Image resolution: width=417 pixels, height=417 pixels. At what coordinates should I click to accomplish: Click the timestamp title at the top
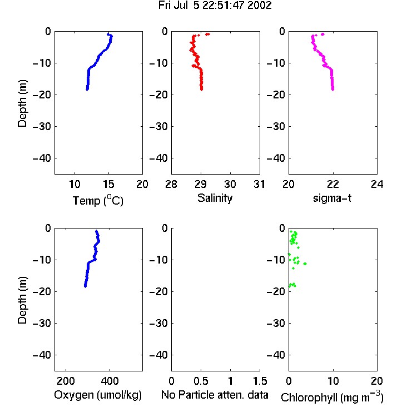[215, 6]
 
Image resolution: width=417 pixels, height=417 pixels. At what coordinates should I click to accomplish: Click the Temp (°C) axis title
[98, 200]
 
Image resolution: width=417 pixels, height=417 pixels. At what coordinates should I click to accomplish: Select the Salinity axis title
[215, 198]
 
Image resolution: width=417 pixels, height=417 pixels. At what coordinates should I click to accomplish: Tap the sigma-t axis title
[332, 198]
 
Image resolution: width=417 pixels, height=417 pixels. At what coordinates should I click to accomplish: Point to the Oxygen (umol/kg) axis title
[98, 395]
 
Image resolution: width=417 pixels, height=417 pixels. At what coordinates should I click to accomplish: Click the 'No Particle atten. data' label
[215, 395]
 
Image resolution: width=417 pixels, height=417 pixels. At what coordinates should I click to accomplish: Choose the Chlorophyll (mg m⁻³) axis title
[332, 397]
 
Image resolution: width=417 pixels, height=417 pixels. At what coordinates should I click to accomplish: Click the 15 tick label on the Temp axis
[108, 184]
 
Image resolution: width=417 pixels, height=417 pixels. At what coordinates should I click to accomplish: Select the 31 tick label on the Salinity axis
[260, 184]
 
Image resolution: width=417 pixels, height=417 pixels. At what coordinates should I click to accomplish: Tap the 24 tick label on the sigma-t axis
[377, 184]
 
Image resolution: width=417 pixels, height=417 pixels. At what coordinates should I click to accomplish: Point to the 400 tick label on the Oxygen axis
[110, 381]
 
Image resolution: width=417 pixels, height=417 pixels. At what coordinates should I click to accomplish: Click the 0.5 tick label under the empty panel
[201, 381]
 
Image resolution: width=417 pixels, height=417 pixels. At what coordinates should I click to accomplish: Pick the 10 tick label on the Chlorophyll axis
[333, 381]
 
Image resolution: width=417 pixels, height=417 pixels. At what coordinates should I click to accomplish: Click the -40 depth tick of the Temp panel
[42, 158]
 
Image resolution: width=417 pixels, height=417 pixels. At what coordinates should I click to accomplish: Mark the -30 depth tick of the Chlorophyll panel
[276, 324]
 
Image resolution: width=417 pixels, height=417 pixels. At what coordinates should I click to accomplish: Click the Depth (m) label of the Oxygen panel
[22, 300]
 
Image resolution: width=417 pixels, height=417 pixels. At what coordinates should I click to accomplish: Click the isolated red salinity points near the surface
[207, 34]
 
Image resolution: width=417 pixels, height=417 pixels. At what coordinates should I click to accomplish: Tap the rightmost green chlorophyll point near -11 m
[305, 264]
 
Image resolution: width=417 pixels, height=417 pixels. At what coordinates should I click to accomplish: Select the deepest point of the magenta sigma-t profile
[332, 90]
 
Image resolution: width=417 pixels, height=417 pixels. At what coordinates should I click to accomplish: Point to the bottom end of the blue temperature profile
[87, 90]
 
